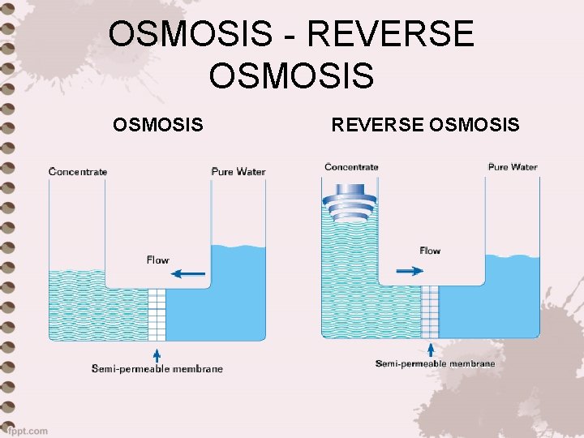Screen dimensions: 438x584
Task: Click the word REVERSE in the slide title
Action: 392,35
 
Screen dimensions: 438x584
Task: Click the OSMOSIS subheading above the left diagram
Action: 158,124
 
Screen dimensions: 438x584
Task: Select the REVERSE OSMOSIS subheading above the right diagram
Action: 425,124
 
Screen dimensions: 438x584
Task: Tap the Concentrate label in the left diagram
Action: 78,171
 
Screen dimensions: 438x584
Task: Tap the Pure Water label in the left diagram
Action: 238,171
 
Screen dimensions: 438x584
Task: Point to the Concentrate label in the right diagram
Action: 351,167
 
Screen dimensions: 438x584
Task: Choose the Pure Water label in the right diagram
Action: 513,167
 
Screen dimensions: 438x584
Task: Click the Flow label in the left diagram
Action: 157,260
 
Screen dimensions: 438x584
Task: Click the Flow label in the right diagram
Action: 430,251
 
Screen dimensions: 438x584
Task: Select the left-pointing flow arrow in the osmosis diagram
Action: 189,274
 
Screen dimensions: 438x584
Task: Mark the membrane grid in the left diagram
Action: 157,314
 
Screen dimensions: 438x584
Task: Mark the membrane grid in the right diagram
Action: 430,311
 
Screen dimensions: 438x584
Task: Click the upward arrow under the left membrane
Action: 157,354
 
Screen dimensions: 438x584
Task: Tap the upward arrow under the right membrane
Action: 430,350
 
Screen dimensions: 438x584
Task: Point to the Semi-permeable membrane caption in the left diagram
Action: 157,369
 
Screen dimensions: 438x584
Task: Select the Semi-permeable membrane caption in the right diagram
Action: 435,363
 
